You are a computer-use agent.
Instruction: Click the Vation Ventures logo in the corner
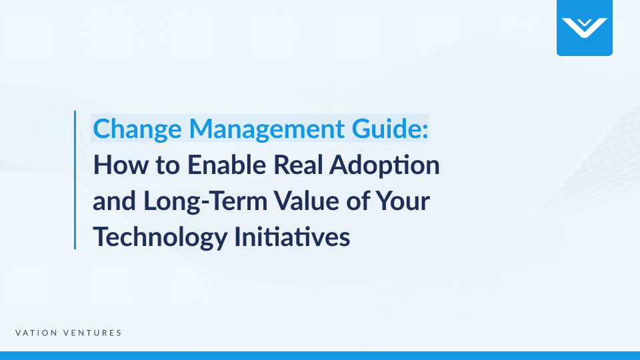tap(584, 27)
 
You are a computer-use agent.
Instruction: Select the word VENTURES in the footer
tap(93, 333)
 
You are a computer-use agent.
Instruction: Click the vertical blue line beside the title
tap(75, 180)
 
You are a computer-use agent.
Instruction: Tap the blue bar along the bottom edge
tap(320, 355)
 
